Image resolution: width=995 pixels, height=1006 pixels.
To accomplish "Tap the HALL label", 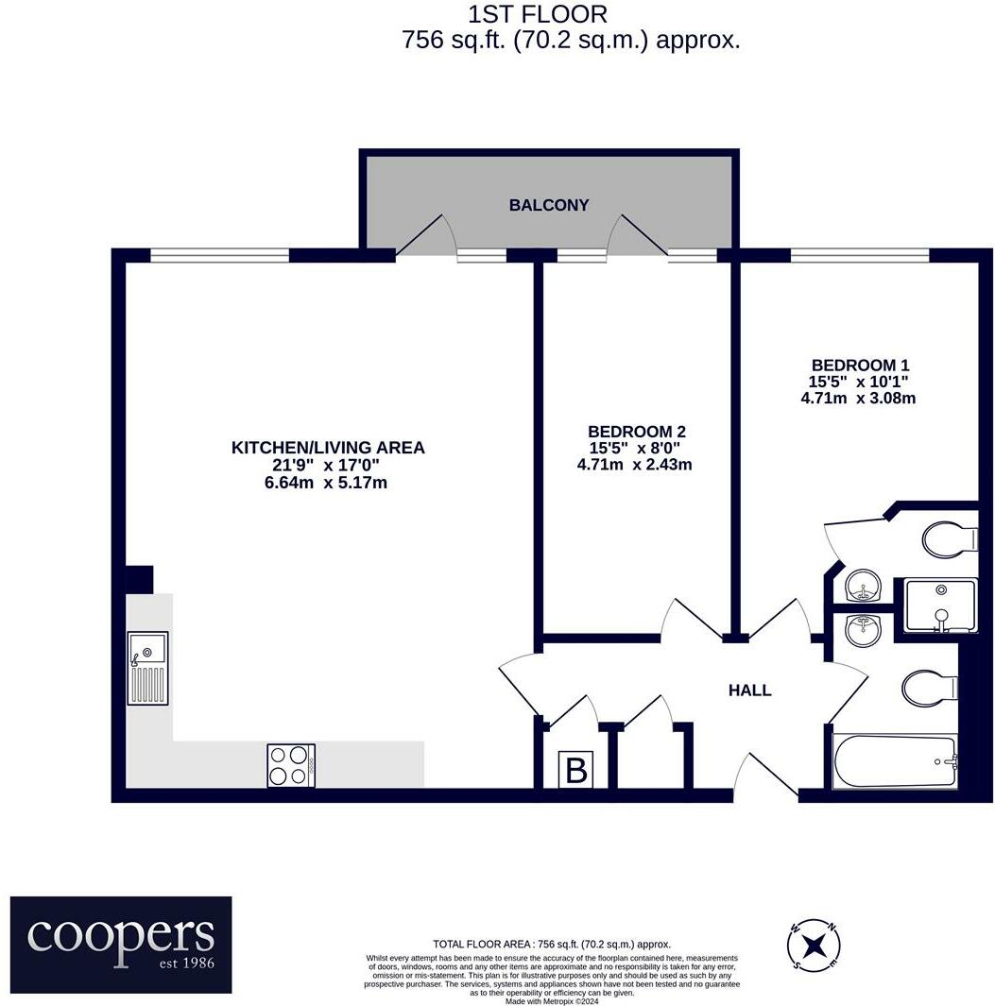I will click(749, 691).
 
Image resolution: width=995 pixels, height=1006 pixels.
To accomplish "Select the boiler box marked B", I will click(575, 771).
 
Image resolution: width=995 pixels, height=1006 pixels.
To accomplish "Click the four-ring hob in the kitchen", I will click(291, 765).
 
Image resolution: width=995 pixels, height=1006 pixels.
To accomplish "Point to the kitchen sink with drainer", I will click(148, 668).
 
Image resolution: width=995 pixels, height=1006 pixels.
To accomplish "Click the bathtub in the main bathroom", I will click(894, 761).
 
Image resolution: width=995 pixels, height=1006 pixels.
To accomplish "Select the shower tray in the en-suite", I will click(940, 605).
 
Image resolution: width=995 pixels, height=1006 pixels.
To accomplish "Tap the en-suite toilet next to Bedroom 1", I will click(948, 541).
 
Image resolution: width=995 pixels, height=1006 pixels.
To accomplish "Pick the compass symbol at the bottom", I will click(814, 945).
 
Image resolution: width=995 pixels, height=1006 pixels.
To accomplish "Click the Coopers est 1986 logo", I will click(121, 945).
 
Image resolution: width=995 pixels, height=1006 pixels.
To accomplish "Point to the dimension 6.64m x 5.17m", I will click(328, 483).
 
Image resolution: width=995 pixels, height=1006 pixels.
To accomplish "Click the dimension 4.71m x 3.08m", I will click(858, 399).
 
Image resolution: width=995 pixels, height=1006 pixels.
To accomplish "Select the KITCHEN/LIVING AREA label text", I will click(328, 448).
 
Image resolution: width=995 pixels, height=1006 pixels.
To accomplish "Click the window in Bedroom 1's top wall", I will click(859, 254).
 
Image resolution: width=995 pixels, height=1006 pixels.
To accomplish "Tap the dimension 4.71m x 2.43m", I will click(634, 465).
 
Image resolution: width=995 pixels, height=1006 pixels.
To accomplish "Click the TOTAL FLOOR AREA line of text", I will click(552, 944).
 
